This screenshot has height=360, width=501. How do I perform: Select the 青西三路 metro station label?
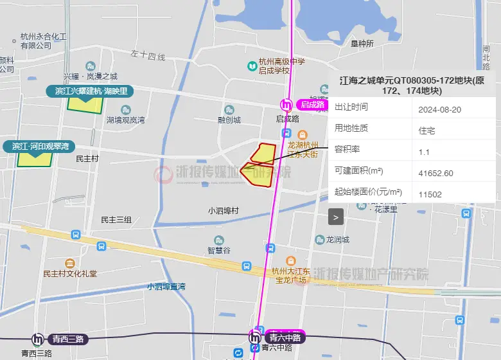pos(69,339)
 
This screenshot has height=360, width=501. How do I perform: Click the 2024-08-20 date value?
pos(439,109)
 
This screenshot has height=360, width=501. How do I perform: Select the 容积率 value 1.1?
pos(423,152)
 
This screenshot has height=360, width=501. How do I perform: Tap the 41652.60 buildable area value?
pos(435,173)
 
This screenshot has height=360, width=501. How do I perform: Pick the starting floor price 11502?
pos(430,194)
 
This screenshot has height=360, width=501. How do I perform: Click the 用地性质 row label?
pos(351,128)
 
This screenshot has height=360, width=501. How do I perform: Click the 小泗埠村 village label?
pos(223,211)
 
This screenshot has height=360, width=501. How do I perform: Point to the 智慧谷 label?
pos(218,250)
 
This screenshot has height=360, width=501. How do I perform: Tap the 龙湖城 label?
pos(337,240)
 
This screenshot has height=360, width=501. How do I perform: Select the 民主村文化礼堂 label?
pos(70,273)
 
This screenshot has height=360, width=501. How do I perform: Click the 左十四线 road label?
pos(148,57)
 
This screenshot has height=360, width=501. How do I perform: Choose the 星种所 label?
pos(362,44)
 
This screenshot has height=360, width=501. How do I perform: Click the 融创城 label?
pos(229,120)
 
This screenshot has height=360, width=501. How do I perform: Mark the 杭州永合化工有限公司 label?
pos(44,41)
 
